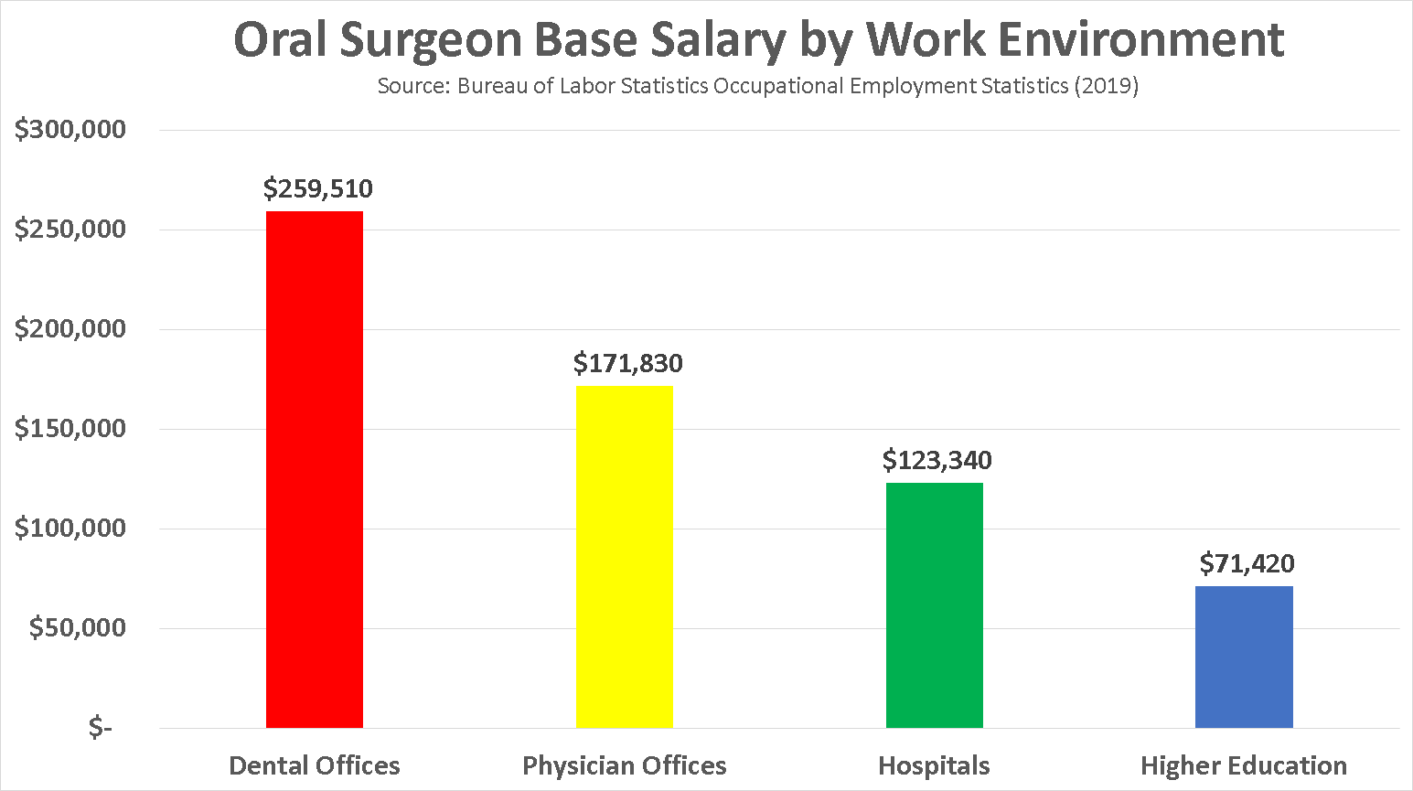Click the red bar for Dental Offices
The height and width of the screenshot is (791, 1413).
[315, 469]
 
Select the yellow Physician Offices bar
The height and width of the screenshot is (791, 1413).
[624, 556]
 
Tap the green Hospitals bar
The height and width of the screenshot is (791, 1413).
[934, 604]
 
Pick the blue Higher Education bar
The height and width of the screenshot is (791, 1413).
[1244, 657]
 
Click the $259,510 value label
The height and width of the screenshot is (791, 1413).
[318, 188]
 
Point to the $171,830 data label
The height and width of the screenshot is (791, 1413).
[628, 363]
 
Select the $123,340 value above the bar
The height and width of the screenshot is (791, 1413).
[937, 460]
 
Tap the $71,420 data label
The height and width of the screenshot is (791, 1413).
[1247, 563]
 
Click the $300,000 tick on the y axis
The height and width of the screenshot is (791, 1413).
[70, 130]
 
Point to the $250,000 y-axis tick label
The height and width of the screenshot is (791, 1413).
[70, 230]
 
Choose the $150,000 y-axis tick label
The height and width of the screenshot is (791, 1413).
[70, 429]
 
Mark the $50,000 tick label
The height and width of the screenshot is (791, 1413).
[78, 628]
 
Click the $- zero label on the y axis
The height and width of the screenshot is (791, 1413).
[101, 728]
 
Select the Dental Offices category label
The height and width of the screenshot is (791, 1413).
[315, 765]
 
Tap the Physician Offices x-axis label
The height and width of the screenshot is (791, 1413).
[625, 765]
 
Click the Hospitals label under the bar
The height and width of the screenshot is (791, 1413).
[934, 765]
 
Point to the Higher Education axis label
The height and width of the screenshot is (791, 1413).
[1244, 765]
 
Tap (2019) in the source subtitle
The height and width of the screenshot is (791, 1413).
[1107, 86]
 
